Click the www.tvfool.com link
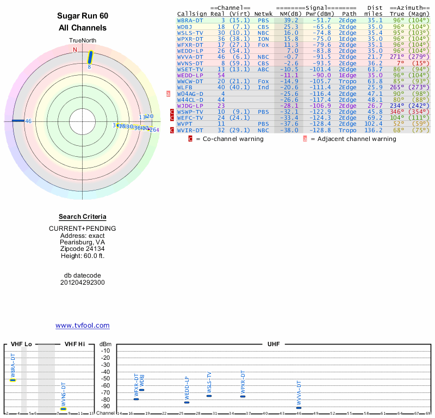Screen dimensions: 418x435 click(x=83, y=325)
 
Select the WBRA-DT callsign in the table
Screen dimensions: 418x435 click(x=190, y=20)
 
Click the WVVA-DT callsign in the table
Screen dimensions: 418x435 click(x=190, y=57)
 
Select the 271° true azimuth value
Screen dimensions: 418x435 click(x=397, y=57)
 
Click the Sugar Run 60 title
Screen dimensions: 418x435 click(x=83, y=16)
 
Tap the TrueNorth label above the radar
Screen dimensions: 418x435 click(x=83, y=41)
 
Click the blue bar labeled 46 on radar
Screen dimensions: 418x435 click(x=18, y=121)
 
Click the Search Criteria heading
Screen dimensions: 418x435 click(x=83, y=217)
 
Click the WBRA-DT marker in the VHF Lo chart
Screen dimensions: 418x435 click(x=13, y=380)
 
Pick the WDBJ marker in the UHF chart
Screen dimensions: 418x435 click(x=142, y=390)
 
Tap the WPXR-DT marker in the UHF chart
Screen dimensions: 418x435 click(x=243, y=396)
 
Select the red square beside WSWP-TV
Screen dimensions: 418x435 click(x=172, y=112)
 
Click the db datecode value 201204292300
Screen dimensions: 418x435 click(x=83, y=282)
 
